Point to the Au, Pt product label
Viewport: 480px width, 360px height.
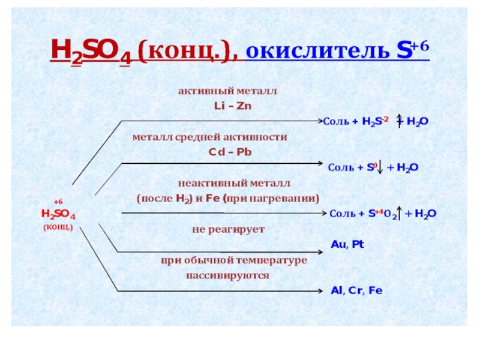coord(347,244)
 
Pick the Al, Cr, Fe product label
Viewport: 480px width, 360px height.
coord(356,290)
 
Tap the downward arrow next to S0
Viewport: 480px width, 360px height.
coord(382,167)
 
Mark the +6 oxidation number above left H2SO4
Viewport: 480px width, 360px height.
coord(58,203)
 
